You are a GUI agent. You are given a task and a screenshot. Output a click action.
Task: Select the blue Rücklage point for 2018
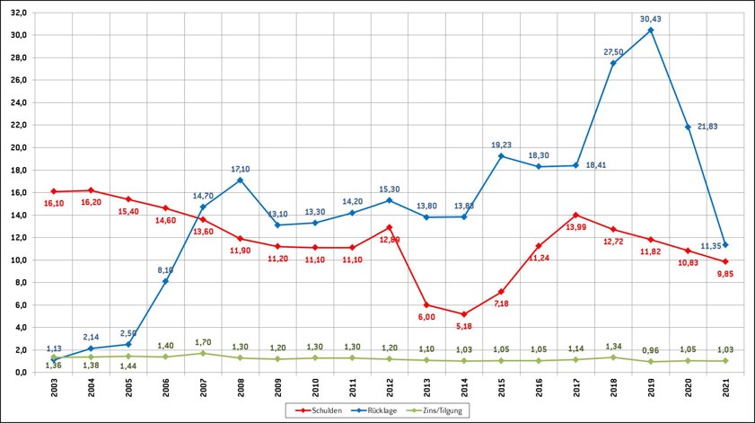(x=613, y=63)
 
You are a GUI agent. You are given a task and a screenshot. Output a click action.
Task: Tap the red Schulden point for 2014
(x=464, y=313)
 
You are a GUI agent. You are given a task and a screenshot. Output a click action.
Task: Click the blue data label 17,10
(x=241, y=168)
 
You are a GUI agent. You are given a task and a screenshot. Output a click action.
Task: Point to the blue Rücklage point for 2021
(x=725, y=244)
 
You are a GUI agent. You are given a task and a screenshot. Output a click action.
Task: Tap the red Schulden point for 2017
(x=575, y=215)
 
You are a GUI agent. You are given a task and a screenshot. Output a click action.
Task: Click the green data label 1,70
(x=203, y=342)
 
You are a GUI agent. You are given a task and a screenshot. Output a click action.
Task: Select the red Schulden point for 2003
(x=54, y=191)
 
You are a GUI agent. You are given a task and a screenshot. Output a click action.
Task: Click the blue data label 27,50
(x=614, y=52)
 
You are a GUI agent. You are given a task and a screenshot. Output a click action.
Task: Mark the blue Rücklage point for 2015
(x=501, y=156)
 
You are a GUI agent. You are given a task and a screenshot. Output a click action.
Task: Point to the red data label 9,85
(x=725, y=273)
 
